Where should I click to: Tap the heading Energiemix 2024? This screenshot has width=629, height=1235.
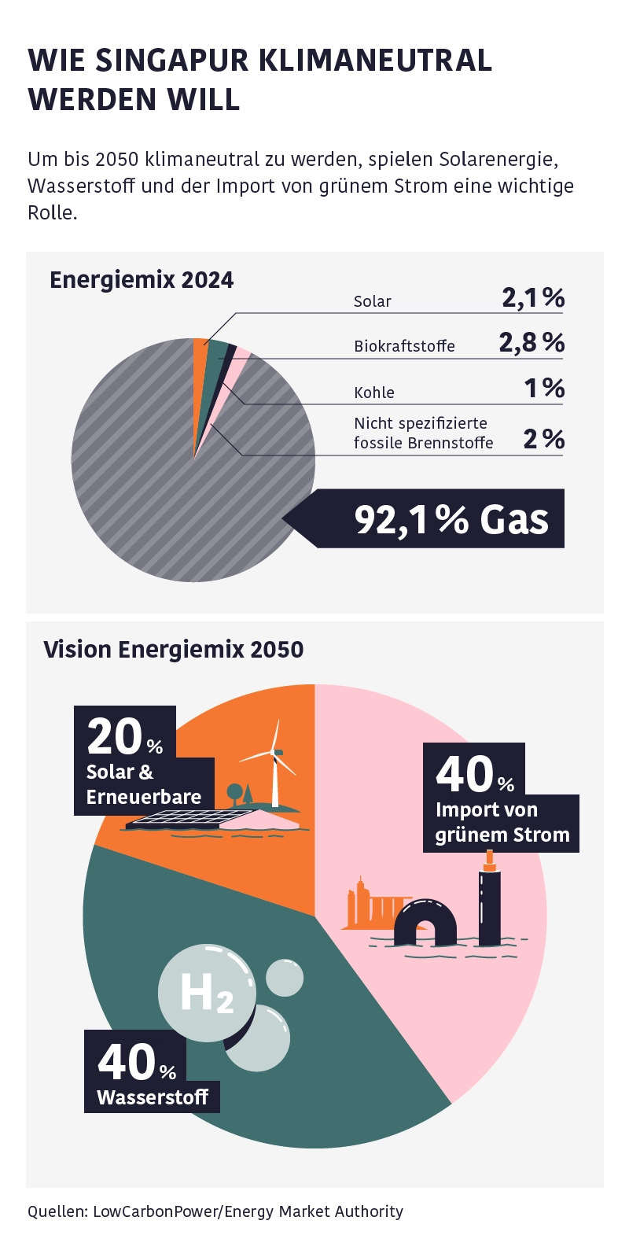(x=142, y=280)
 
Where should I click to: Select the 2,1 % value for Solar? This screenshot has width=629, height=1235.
(x=533, y=297)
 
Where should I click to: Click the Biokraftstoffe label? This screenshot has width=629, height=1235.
(x=404, y=346)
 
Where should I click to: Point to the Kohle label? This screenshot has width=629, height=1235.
(x=374, y=392)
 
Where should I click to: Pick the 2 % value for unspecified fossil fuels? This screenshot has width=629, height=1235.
(x=544, y=438)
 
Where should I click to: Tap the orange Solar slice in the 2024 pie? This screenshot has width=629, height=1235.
(x=200, y=362)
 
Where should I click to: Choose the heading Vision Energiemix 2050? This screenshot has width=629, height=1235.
(x=173, y=649)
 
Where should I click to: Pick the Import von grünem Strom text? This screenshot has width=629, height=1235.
(x=502, y=822)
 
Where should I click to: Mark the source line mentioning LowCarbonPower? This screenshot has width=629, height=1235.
(x=215, y=1211)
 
